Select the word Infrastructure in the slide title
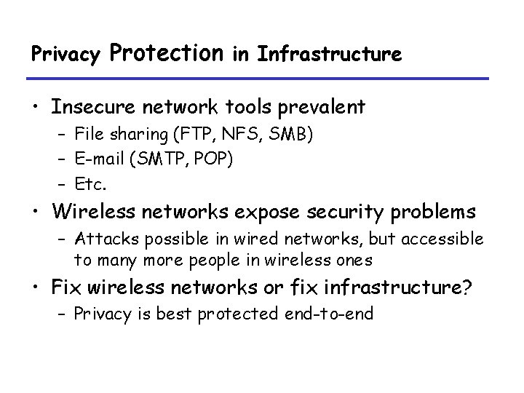pos(328,54)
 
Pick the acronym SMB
pos(258,133)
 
